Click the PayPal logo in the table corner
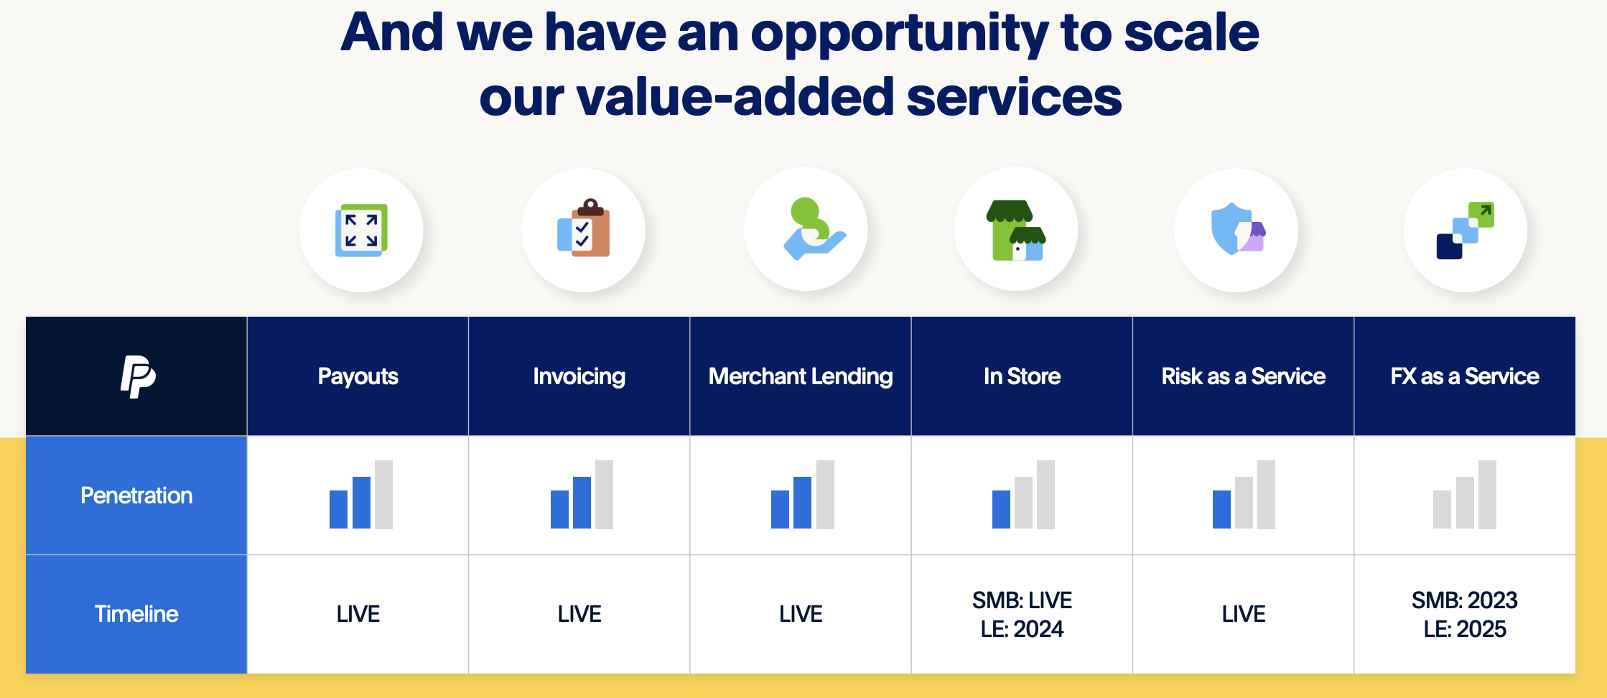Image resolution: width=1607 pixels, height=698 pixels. click(138, 376)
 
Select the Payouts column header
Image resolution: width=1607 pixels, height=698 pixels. click(358, 376)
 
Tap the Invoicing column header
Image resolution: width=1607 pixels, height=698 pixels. click(579, 376)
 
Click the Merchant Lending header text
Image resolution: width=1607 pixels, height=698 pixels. click(801, 376)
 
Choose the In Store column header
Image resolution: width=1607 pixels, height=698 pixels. click(1022, 376)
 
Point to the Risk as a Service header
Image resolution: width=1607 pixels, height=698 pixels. click(1243, 376)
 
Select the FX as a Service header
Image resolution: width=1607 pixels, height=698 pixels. click(1464, 376)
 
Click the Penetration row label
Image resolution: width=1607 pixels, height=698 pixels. click(136, 495)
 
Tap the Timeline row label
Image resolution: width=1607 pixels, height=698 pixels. click(136, 614)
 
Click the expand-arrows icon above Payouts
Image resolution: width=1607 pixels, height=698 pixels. click(361, 231)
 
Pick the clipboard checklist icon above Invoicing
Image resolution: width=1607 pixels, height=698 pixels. click(583, 229)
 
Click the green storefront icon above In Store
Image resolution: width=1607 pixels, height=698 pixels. click(1016, 231)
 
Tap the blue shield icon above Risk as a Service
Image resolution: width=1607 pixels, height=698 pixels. click(1236, 229)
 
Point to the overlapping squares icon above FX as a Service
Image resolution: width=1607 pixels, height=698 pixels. click(1465, 231)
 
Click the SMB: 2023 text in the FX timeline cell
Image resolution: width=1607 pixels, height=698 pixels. click(1464, 600)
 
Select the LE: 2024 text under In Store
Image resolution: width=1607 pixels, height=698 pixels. click(1022, 629)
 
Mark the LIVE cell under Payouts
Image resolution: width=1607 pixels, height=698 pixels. click(358, 614)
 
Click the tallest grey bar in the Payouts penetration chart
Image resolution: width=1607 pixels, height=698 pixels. click(384, 495)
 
